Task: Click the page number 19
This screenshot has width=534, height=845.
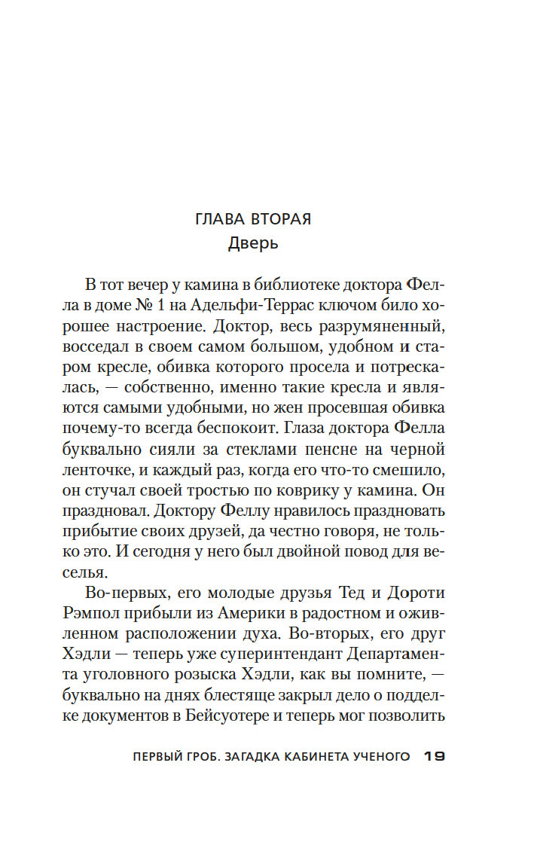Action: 436,755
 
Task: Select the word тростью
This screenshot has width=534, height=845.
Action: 218,491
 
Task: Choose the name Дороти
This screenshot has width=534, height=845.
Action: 417,592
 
